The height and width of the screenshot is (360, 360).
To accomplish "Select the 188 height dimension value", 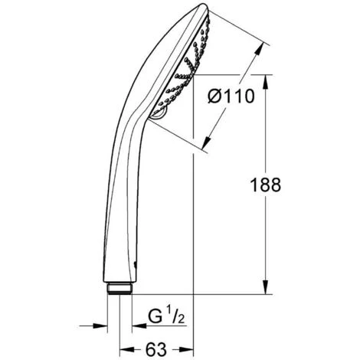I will click(266, 184).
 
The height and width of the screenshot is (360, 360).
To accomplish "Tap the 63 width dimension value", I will click(156, 349).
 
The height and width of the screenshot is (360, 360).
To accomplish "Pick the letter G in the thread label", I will click(152, 316).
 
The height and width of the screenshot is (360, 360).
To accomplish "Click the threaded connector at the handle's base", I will click(121, 289).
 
